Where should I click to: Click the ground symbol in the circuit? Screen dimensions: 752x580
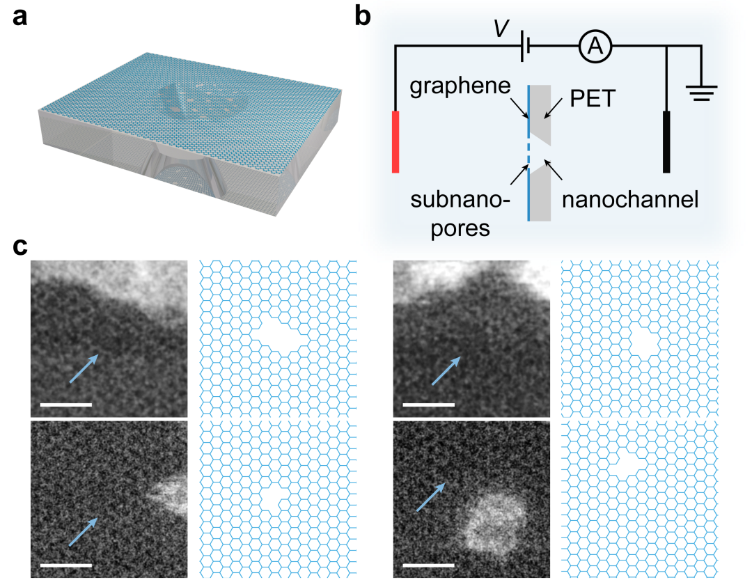pos(702,92)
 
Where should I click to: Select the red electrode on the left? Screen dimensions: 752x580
pos(395,141)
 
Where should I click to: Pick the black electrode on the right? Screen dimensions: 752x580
pos(666,141)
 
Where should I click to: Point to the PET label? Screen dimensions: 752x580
pos(593,99)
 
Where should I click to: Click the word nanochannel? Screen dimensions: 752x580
pos(629,201)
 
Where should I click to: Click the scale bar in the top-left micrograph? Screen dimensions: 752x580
pos(66,404)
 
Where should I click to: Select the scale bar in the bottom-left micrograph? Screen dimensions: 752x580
pos(66,565)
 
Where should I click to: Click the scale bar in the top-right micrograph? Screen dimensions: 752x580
pos(429,404)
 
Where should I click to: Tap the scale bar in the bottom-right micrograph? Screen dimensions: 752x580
pos(429,565)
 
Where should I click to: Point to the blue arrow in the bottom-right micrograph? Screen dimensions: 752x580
pos(432,496)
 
